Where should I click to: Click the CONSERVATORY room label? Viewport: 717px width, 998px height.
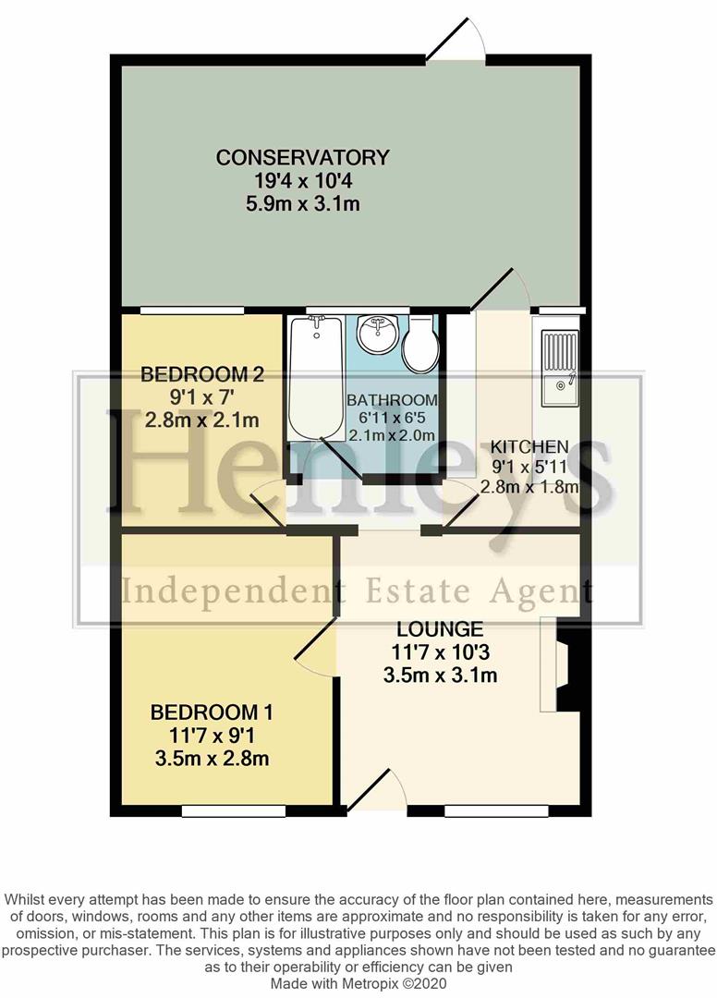(302, 158)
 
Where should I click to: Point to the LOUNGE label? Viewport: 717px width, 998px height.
(441, 629)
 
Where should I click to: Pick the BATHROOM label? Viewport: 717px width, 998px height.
(392, 400)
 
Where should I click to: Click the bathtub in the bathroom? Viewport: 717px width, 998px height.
(313, 379)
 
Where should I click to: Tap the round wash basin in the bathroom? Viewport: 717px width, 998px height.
(376, 336)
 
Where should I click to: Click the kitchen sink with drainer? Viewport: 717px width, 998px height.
(559, 368)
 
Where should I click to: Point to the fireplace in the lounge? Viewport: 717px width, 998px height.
(563, 664)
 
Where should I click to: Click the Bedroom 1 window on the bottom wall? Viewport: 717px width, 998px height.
(219, 810)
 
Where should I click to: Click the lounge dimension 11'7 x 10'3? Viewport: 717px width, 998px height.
(441, 652)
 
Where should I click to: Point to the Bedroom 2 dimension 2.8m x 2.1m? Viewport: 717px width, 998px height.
(200, 420)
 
